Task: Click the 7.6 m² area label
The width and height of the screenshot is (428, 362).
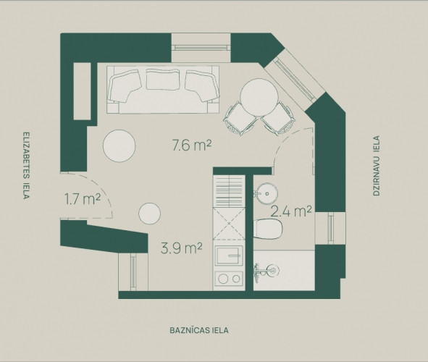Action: (192, 145)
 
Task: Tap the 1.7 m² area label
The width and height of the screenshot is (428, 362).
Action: (83, 199)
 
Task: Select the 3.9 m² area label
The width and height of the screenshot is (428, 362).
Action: (182, 248)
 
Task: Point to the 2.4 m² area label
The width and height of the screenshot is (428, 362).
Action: (291, 211)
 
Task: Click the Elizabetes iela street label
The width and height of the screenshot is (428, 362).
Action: (26, 166)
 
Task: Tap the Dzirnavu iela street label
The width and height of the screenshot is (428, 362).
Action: (377, 166)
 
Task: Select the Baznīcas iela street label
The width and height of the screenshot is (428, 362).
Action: (199, 330)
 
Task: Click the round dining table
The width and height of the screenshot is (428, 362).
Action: (259, 97)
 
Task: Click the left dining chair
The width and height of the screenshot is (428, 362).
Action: (240, 119)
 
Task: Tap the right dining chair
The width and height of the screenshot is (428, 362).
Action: (278, 119)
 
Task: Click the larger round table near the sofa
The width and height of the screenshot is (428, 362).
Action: (119, 146)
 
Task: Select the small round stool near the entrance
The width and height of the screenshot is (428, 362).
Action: (150, 214)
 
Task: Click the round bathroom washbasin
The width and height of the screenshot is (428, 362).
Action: (266, 193)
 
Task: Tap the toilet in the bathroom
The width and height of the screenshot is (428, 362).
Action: (268, 229)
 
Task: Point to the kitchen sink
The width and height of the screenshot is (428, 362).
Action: (229, 256)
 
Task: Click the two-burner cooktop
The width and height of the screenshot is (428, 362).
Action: (229, 279)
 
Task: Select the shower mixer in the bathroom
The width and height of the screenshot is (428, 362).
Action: (266, 271)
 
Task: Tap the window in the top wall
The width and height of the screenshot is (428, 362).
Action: (201, 48)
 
